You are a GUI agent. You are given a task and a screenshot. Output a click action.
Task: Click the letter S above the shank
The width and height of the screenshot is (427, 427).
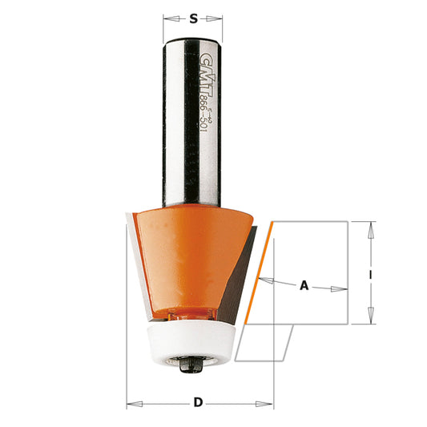193,18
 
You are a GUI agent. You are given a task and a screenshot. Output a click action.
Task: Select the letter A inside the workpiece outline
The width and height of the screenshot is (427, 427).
304,284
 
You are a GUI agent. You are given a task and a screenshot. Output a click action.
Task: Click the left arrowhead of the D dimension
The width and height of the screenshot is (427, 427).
131,403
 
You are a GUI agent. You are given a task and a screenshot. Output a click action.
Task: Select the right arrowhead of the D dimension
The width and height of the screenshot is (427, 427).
269,403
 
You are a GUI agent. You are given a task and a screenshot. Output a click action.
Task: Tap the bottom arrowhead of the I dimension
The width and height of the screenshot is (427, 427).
370,320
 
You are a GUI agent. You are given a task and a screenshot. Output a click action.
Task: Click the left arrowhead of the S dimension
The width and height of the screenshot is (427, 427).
167,18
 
